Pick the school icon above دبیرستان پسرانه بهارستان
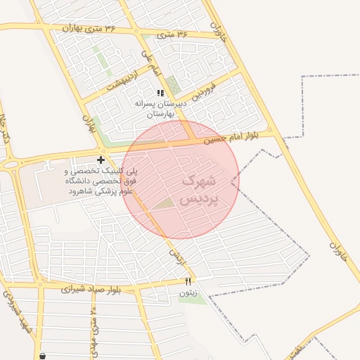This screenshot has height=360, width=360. (161, 93)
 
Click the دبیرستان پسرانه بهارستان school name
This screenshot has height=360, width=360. (162, 108)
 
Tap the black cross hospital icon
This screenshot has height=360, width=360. (101, 160)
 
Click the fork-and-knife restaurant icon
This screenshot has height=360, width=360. (187, 281)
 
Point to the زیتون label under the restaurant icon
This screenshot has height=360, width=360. (188, 292)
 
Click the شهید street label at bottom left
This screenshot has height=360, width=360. (20, 309)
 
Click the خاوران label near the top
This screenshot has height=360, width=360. (221, 30)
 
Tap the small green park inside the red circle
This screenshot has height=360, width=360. (163, 204)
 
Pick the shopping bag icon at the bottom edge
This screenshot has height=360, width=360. (43, 356)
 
